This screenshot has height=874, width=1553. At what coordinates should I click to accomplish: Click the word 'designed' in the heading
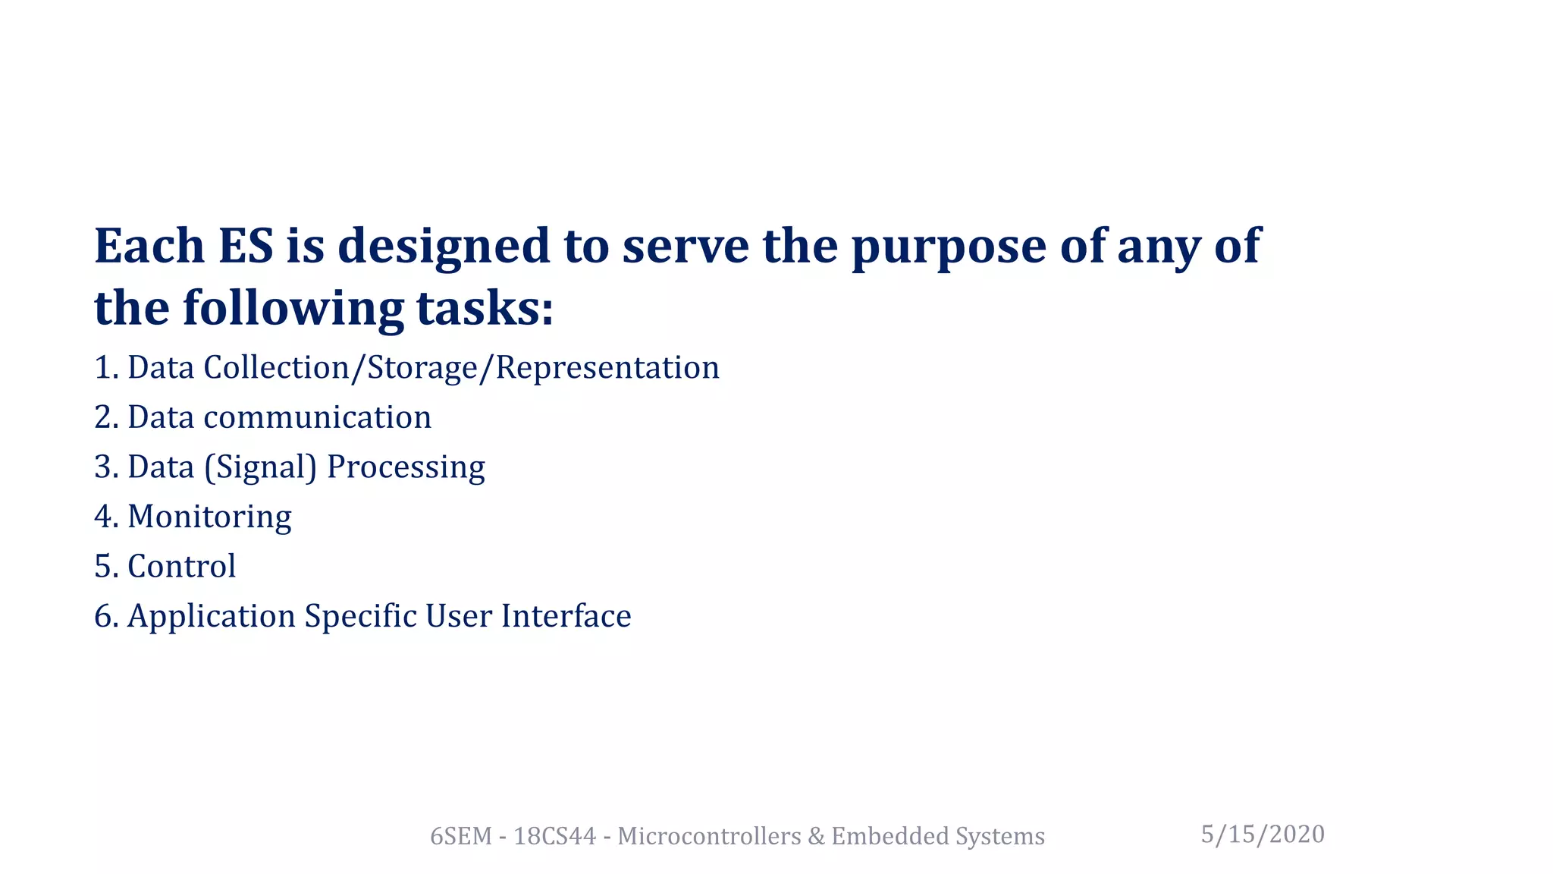tap(444, 247)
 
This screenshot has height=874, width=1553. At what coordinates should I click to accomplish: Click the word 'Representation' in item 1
tap(607, 368)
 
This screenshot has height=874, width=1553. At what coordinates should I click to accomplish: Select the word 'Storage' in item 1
tap(422, 368)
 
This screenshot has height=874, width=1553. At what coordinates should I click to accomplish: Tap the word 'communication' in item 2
tap(317, 417)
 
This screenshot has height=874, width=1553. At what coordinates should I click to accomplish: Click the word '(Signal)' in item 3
tap(260, 467)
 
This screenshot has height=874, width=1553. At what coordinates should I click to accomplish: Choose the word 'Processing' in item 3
tap(406, 467)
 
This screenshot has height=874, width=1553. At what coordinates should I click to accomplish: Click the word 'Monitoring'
tap(209, 517)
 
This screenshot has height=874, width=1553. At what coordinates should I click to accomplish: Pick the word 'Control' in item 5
tap(182, 566)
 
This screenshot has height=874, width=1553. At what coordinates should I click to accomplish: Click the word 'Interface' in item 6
tap(566, 615)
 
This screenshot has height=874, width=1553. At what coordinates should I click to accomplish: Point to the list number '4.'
tap(106, 517)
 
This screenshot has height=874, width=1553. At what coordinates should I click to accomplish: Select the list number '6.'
tap(106, 616)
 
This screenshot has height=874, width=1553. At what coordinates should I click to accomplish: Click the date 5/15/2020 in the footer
tap(1263, 835)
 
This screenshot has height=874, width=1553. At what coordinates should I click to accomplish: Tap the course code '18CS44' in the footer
tap(554, 836)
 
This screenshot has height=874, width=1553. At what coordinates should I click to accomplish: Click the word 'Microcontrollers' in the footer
tap(709, 836)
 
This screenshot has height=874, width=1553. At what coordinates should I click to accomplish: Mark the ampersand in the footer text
tap(816, 836)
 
